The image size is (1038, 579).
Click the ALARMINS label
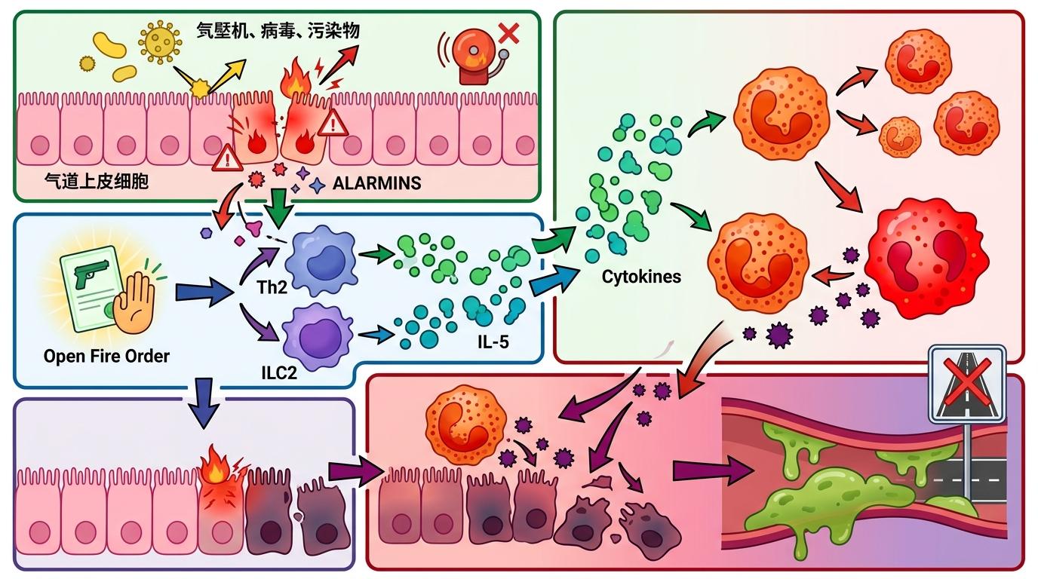pos(376,183)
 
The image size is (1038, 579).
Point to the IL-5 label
pos(493,342)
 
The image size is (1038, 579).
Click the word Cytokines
pos(641,277)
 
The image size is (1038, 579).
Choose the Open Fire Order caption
pos(106,356)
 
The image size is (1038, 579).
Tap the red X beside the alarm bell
pos(509,32)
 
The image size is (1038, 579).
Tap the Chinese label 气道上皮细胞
pos(96,182)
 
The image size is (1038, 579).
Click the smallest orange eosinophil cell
pos(900,136)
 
